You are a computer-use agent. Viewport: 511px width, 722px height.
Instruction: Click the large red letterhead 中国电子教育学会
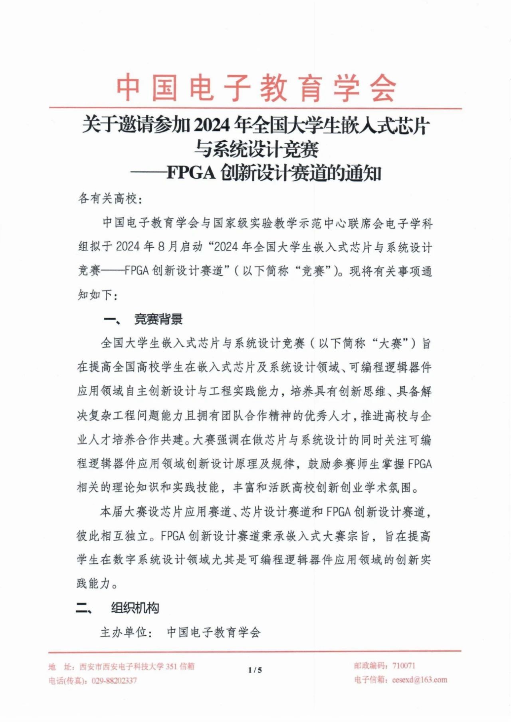click(x=255, y=87)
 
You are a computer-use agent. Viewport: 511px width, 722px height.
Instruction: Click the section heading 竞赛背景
click(x=158, y=319)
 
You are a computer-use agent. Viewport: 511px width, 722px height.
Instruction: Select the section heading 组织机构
click(x=135, y=608)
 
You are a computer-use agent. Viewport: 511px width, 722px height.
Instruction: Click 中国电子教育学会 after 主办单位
click(x=214, y=632)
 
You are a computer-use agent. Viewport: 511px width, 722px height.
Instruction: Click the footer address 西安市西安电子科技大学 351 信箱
click(x=137, y=666)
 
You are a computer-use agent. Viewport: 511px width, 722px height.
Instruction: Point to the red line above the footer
click(x=255, y=651)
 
